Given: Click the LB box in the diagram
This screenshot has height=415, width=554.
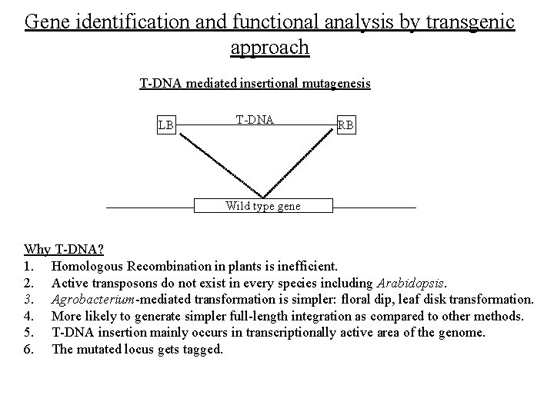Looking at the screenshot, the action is [166, 124].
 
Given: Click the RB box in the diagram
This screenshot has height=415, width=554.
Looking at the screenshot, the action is [345, 124].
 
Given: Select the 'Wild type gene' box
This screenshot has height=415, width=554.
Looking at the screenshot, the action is [262, 206].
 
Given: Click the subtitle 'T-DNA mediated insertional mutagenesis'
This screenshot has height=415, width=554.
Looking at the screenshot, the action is [255, 83].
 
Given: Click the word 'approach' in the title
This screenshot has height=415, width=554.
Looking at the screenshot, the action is [269, 48].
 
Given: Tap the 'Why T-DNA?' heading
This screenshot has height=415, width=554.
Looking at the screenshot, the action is [65, 250].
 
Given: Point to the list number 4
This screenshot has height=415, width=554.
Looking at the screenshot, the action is [29, 315].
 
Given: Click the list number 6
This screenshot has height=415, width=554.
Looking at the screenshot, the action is [29, 348].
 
